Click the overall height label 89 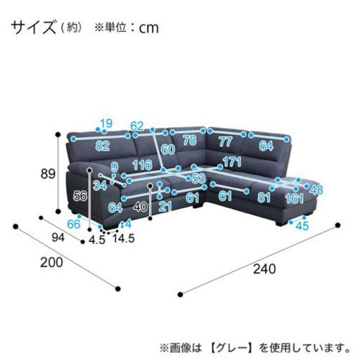click(x=48, y=174)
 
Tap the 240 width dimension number click(x=264, y=269)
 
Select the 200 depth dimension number click(x=51, y=262)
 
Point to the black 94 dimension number click(x=58, y=238)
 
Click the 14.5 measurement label click(x=124, y=238)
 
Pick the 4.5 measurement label click(x=97, y=240)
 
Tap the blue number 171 click(x=232, y=162)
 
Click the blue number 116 click(x=142, y=165)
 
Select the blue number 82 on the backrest click(x=103, y=146)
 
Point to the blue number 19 click(x=106, y=124)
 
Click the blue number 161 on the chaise click(x=295, y=199)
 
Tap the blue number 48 click(x=316, y=190)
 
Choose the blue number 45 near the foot click(x=302, y=226)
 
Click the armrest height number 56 click(x=80, y=195)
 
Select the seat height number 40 click(x=141, y=207)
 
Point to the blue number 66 click(x=74, y=224)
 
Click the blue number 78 click(x=190, y=140)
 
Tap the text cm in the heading click(x=149, y=28)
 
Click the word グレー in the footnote click(x=231, y=348)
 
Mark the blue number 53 click(x=198, y=179)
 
